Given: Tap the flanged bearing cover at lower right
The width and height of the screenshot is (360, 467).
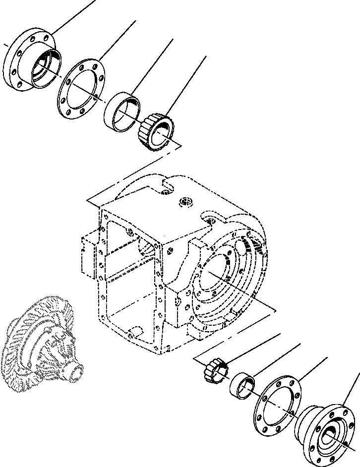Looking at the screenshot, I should coord(325,431).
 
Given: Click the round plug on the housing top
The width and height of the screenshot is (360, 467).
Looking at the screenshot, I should coord(186,201).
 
